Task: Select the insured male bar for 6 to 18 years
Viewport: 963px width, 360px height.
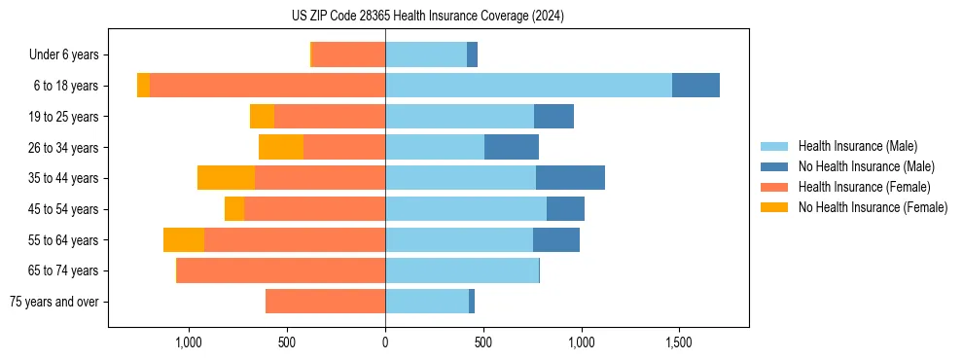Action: click(528, 86)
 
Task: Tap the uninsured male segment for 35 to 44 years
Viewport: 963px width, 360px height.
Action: click(570, 178)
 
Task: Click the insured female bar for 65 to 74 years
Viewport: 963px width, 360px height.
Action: click(280, 270)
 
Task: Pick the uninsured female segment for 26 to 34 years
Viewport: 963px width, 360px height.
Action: click(281, 147)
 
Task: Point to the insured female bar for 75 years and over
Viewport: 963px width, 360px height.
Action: click(325, 302)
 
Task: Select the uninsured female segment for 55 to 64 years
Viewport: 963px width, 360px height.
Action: click(184, 240)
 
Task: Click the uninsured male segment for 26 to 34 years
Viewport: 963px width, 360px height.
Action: click(512, 147)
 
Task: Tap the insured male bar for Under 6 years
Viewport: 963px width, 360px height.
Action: click(426, 54)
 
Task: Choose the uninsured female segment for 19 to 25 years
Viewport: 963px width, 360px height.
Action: click(262, 117)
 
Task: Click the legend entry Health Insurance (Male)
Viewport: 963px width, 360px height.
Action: click(857, 146)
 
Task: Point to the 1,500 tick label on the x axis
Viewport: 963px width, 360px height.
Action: click(679, 342)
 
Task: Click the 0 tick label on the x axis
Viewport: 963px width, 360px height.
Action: click(385, 342)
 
